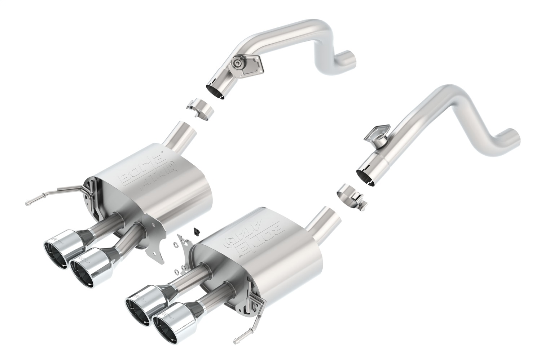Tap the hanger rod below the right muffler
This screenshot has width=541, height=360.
pyautogui.click(x=249, y=319)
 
